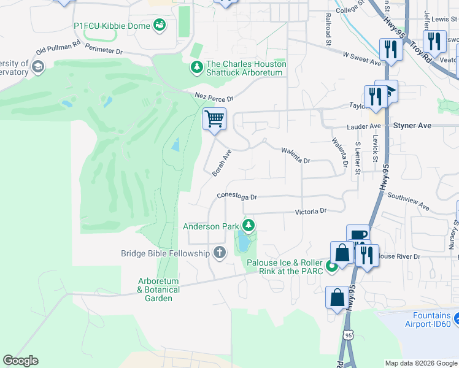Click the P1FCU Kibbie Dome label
tap(112, 26)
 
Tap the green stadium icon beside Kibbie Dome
tap(160, 25)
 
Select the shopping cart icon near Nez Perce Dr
tap(214, 118)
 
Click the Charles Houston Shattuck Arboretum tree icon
tap(196, 67)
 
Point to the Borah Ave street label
tap(222, 163)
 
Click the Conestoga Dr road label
tap(236, 197)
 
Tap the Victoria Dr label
tap(310, 211)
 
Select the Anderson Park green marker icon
tap(249, 226)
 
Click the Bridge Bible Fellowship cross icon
tap(220, 253)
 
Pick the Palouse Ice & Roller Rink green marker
tap(331, 266)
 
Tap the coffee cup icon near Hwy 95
tap(358, 235)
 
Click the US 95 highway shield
tap(349, 335)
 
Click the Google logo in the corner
tap(20, 361)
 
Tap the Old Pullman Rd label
tap(58, 47)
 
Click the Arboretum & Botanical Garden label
tap(158, 289)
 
